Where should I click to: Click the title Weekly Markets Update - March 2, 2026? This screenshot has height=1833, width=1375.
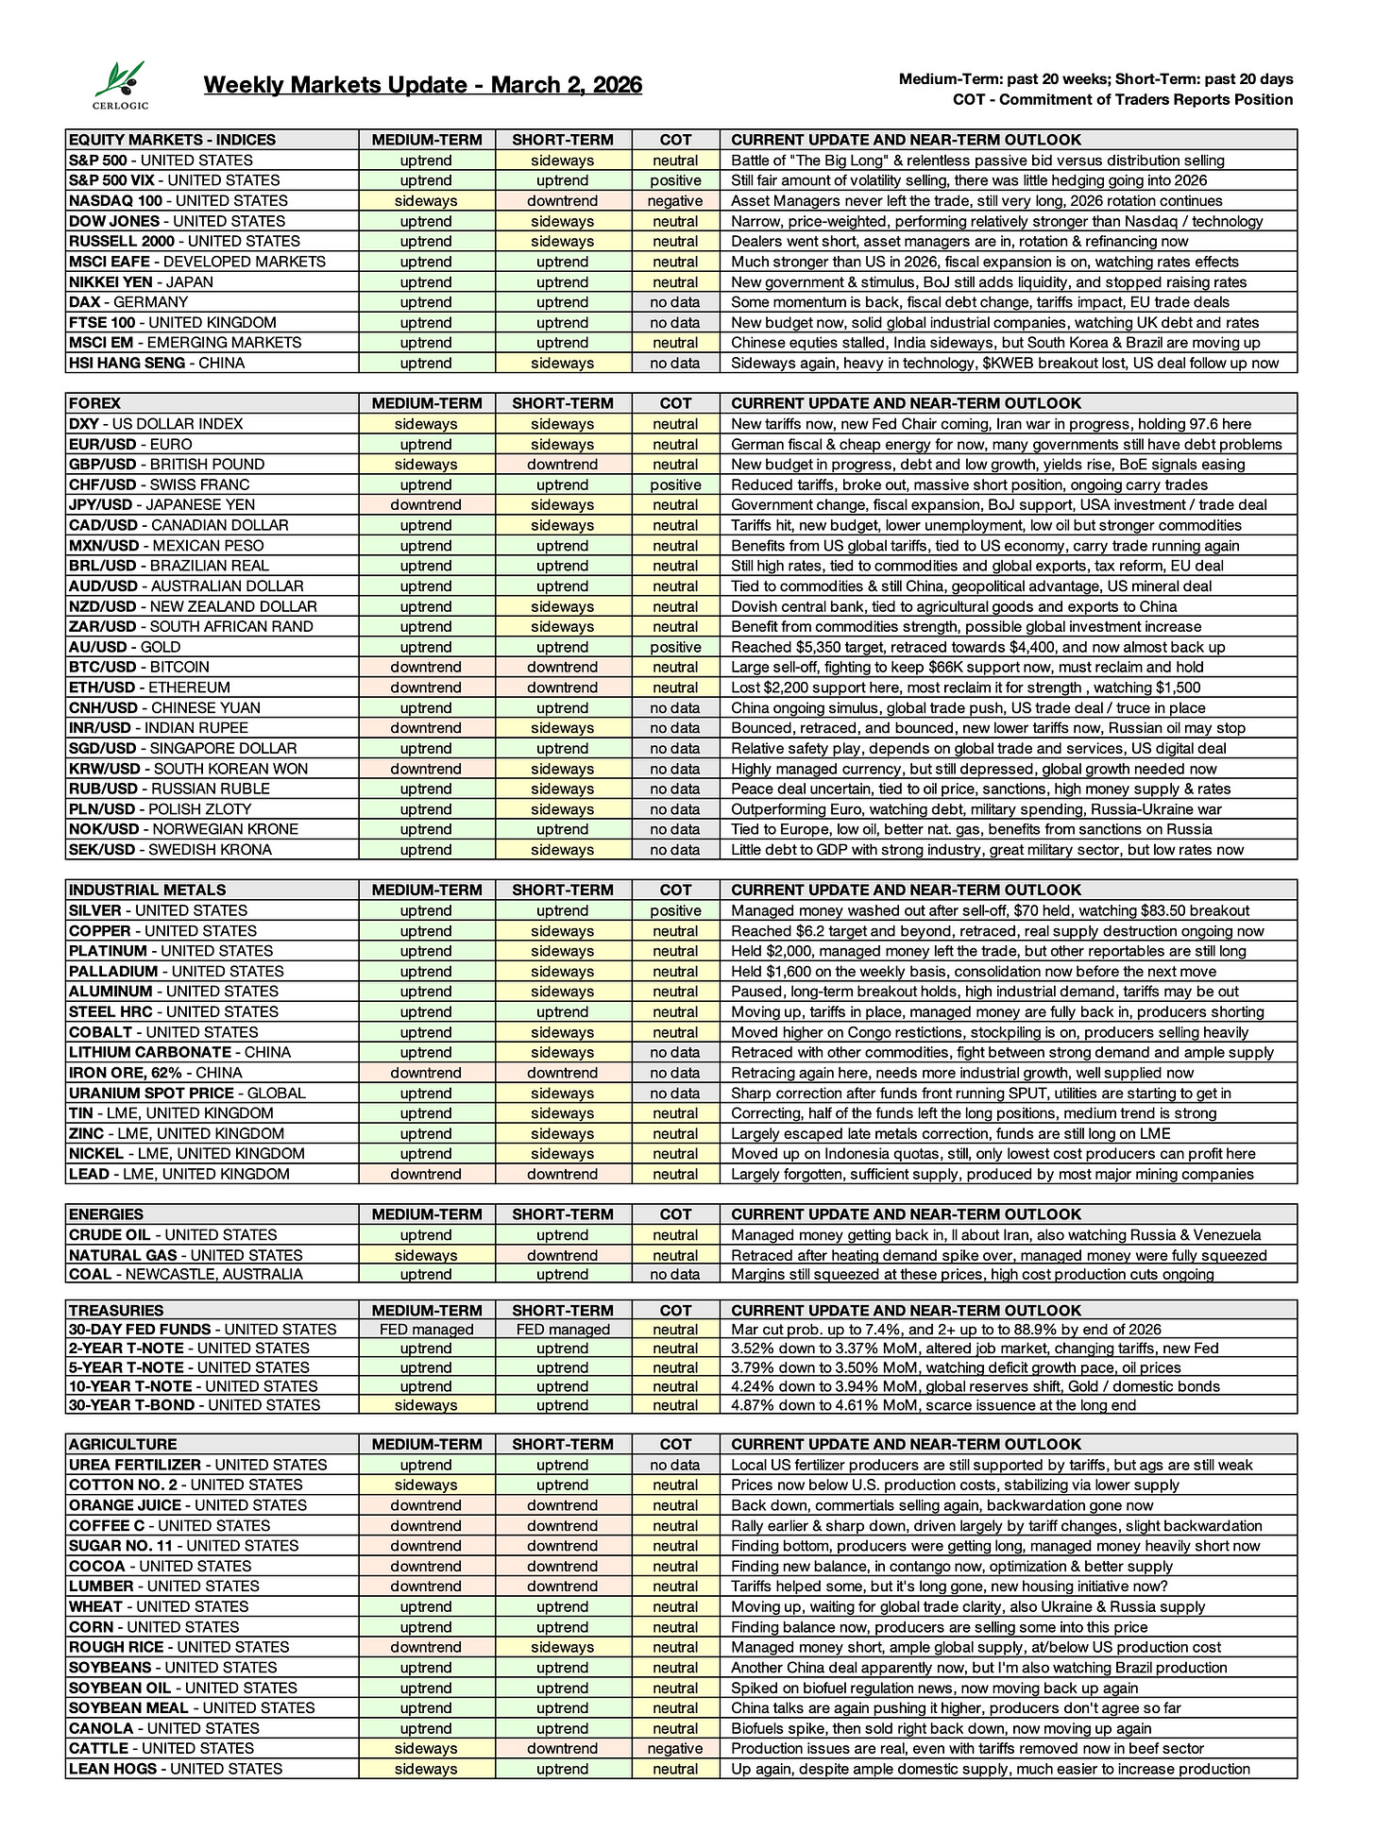click(422, 85)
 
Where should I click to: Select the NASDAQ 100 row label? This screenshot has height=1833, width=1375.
click(178, 201)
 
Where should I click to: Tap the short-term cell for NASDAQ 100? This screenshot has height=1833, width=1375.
click(562, 201)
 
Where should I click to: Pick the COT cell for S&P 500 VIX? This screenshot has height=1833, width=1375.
click(675, 180)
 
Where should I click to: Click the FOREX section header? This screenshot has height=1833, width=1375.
click(95, 403)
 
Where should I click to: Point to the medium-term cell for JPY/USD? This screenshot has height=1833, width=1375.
click(426, 505)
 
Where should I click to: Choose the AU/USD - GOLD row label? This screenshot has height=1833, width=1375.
click(125, 647)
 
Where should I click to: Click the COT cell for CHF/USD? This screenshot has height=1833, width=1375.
click(675, 484)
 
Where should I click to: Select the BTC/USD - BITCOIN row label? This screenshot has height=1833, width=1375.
click(139, 667)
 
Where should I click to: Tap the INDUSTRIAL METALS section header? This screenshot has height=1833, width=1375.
click(147, 890)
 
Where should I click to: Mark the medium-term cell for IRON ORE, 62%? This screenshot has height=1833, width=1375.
click(426, 1073)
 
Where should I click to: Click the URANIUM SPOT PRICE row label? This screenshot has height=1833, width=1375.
click(187, 1093)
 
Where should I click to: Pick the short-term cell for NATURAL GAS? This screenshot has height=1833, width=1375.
click(562, 1255)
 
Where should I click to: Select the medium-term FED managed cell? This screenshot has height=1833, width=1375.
click(426, 1330)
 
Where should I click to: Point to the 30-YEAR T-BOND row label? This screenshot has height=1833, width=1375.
click(194, 1405)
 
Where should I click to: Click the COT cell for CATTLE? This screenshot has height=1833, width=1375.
click(675, 1748)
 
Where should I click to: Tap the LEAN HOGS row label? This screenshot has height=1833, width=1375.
click(175, 1769)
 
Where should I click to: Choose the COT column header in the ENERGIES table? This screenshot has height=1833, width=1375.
click(675, 1214)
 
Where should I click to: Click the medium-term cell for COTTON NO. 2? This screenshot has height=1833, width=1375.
click(426, 1485)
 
